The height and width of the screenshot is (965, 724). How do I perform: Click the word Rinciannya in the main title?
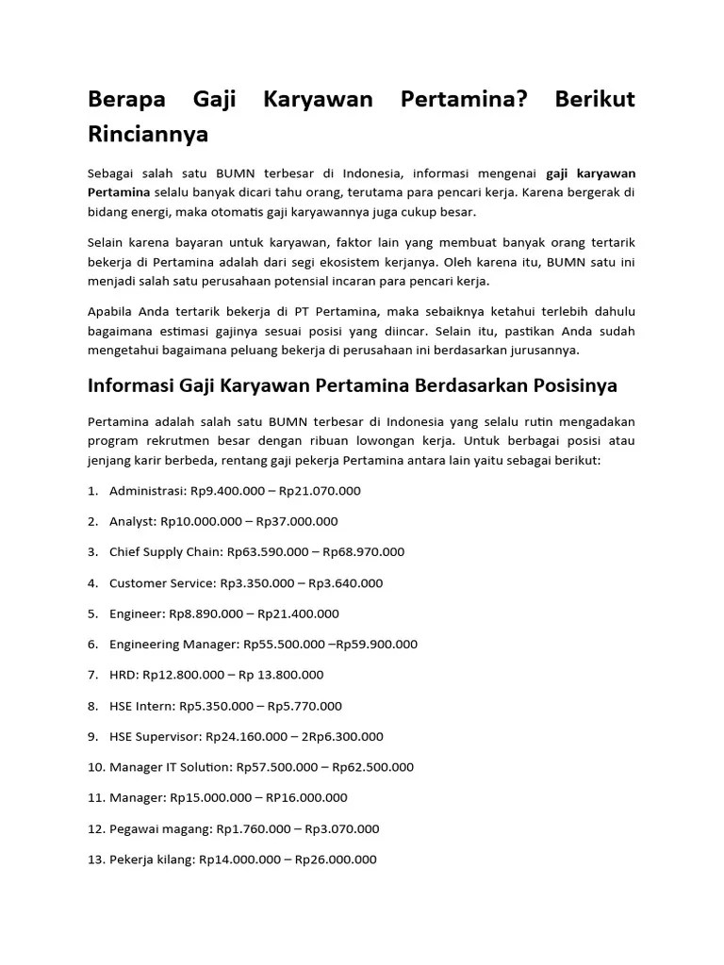click(147, 135)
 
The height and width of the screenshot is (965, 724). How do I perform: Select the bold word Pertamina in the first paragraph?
click(119, 191)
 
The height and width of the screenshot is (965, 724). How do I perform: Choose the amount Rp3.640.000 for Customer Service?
click(345, 583)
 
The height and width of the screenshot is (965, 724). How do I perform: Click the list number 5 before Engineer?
click(93, 614)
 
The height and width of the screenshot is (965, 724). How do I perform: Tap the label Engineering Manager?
click(174, 645)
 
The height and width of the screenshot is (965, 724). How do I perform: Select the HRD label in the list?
click(123, 675)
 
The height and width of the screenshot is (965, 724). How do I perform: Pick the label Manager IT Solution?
click(171, 767)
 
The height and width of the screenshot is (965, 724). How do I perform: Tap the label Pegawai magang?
click(160, 829)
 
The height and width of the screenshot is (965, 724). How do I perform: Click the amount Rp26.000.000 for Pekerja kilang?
click(336, 859)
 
